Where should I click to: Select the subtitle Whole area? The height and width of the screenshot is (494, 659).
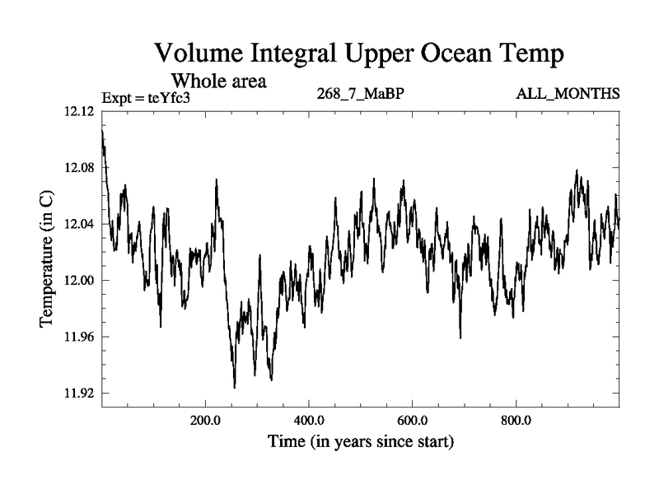click(x=217, y=82)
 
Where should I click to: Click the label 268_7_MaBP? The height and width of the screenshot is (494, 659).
click(x=360, y=93)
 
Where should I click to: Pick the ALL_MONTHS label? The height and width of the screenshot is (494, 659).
click(x=568, y=93)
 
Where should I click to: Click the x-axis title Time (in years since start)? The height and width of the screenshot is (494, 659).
click(x=360, y=441)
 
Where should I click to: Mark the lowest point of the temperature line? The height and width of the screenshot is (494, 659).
click(x=235, y=388)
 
